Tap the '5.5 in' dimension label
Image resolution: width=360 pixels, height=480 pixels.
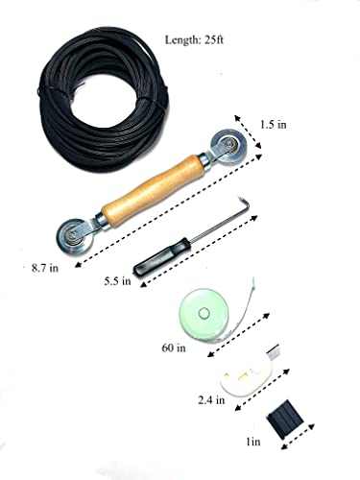coord(120,283)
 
